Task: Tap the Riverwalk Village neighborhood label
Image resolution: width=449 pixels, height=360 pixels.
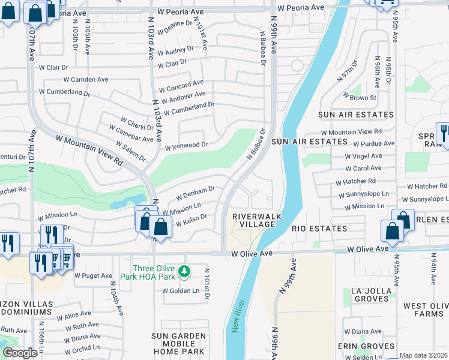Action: click(253, 220)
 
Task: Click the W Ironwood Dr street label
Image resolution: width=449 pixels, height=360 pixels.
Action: click(186, 145)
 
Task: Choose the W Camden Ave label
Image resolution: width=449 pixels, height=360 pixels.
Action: click(86, 79)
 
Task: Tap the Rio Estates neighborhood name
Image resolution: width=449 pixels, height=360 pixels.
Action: click(319, 229)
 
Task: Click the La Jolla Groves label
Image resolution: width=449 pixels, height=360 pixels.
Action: click(368, 294)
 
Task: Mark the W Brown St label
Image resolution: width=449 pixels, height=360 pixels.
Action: click(359, 97)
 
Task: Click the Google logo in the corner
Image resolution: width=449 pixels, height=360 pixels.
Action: click(20, 353)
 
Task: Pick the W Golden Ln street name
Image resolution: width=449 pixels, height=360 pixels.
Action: click(181, 290)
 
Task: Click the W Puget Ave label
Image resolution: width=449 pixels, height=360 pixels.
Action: click(93, 276)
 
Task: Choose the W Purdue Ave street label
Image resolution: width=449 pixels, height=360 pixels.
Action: click(373, 144)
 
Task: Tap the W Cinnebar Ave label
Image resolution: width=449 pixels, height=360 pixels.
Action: click(131, 133)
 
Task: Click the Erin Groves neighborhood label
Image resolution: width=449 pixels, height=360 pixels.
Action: click(366, 346)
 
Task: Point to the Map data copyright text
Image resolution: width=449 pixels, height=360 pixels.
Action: click(424, 355)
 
